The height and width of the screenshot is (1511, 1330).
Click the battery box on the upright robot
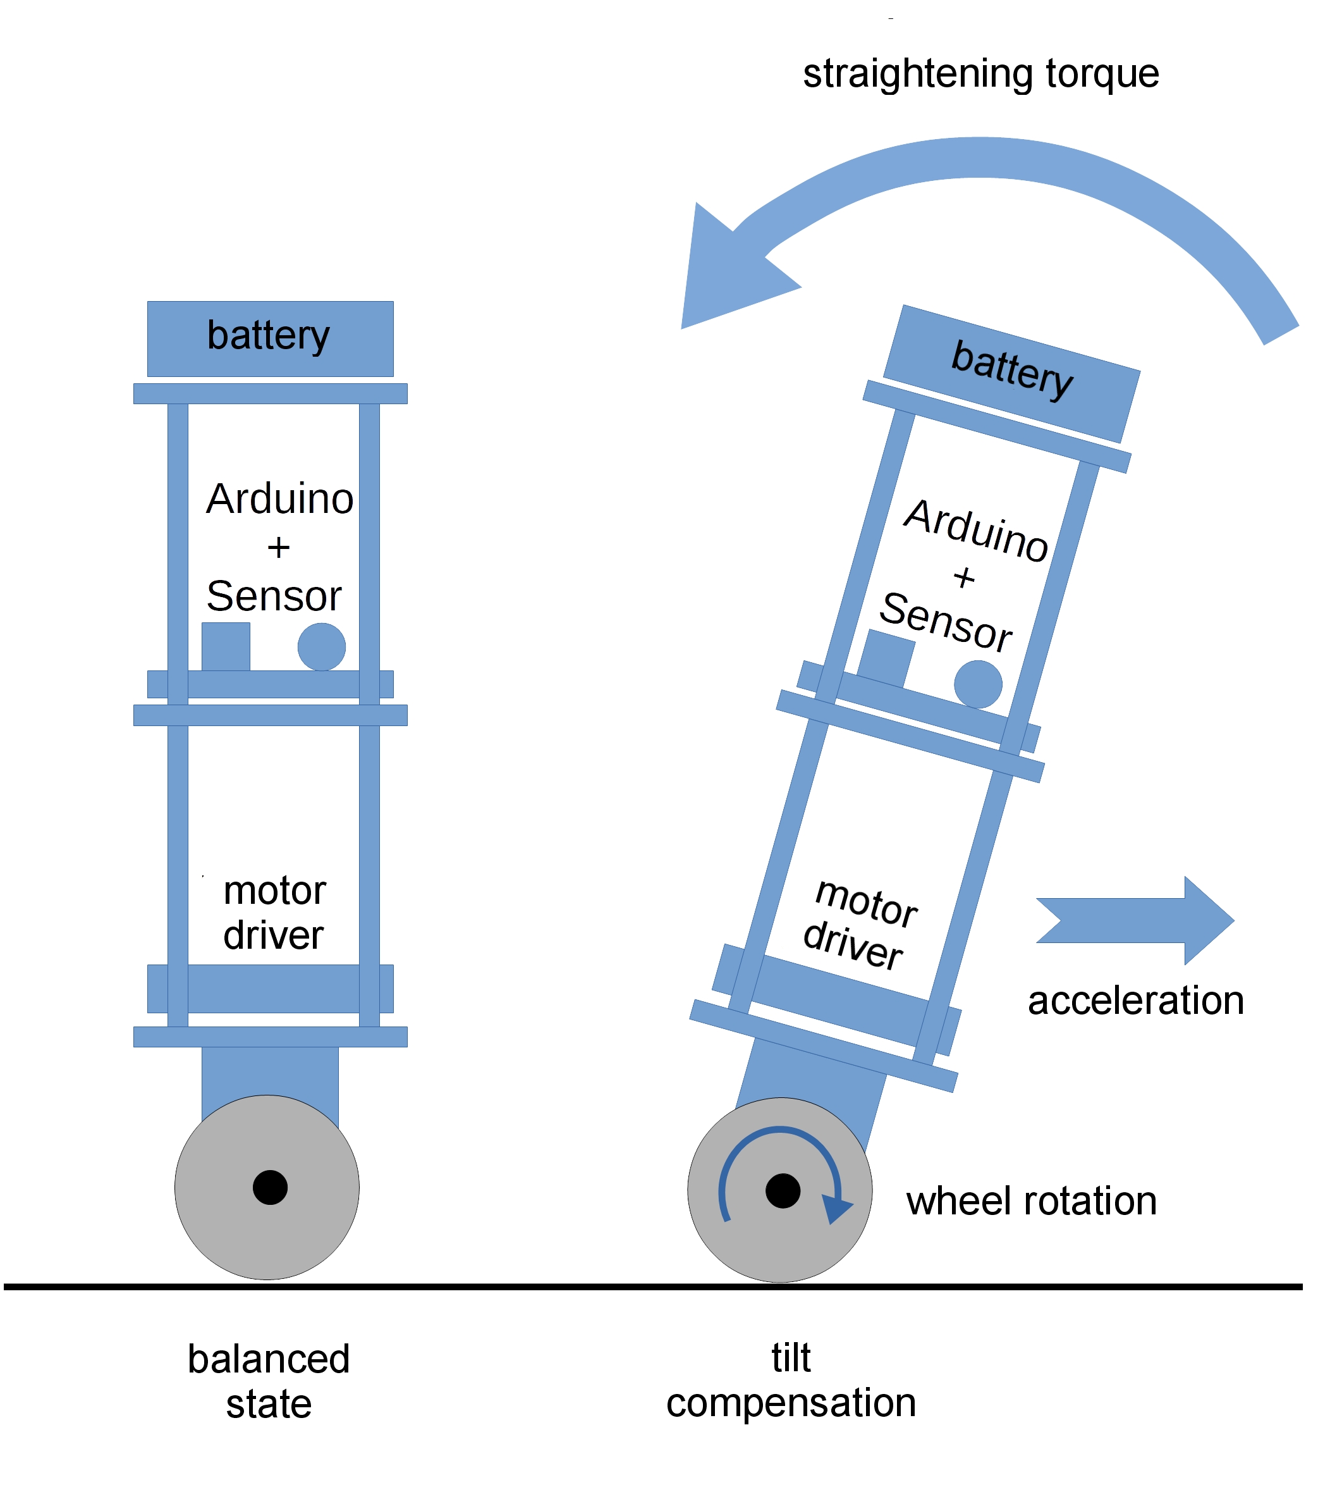click(270, 338)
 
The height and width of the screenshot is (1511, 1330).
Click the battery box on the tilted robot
click(1011, 373)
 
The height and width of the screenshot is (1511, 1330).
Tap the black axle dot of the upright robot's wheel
click(270, 1187)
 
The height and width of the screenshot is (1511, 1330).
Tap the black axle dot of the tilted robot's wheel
click(783, 1190)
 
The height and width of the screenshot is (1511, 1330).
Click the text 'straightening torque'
click(980, 74)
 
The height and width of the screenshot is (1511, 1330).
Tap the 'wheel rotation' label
click(1031, 1200)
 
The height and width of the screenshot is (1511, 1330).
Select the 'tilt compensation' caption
click(791, 1380)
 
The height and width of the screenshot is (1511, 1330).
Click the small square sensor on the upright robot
click(226, 646)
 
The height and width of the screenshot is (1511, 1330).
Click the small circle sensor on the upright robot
click(321, 647)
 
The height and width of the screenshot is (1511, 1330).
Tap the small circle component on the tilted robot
click(977, 684)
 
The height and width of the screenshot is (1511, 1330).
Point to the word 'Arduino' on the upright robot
click(279, 499)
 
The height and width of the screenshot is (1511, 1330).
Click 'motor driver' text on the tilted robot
click(859, 924)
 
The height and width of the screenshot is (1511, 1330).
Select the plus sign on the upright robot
click(279, 548)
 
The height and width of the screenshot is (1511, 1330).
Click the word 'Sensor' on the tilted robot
click(945, 622)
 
